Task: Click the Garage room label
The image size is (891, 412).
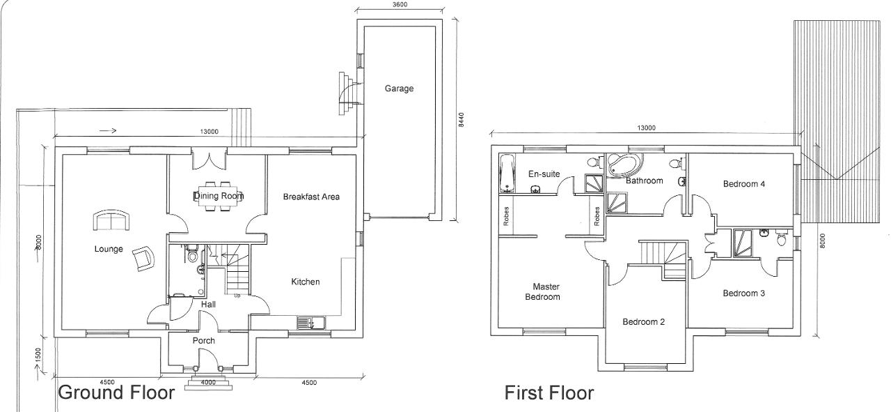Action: pyautogui.click(x=399, y=89)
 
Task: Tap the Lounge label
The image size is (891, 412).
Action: pyautogui.click(x=109, y=249)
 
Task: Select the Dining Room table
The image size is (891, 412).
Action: pyautogui.click(x=219, y=196)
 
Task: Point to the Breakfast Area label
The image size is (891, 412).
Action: pyautogui.click(x=311, y=197)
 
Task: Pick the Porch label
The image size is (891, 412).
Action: pyautogui.click(x=203, y=341)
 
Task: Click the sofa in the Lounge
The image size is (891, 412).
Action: pyautogui.click(x=111, y=220)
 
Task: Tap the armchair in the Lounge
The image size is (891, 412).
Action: pyautogui.click(x=143, y=259)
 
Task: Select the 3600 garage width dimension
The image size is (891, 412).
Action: pyautogui.click(x=400, y=5)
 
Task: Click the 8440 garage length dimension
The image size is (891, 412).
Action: pyautogui.click(x=461, y=120)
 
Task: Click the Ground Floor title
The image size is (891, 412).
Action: pyautogui.click(x=116, y=392)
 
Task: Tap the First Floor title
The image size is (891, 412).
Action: pyautogui.click(x=549, y=393)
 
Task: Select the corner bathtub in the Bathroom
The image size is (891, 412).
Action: pyautogui.click(x=624, y=166)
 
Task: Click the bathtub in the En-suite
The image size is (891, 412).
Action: pyautogui.click(x=506, y=172)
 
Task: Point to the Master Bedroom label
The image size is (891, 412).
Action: pyautogui.click(x=546, y=291)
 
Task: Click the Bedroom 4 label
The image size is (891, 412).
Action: pyautogui.click(x=743, y=184)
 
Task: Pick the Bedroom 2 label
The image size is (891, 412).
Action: pyautogui.click(x=643, y=322)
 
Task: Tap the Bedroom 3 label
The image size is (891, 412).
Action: pyautogui.click(x=743, y=293)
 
